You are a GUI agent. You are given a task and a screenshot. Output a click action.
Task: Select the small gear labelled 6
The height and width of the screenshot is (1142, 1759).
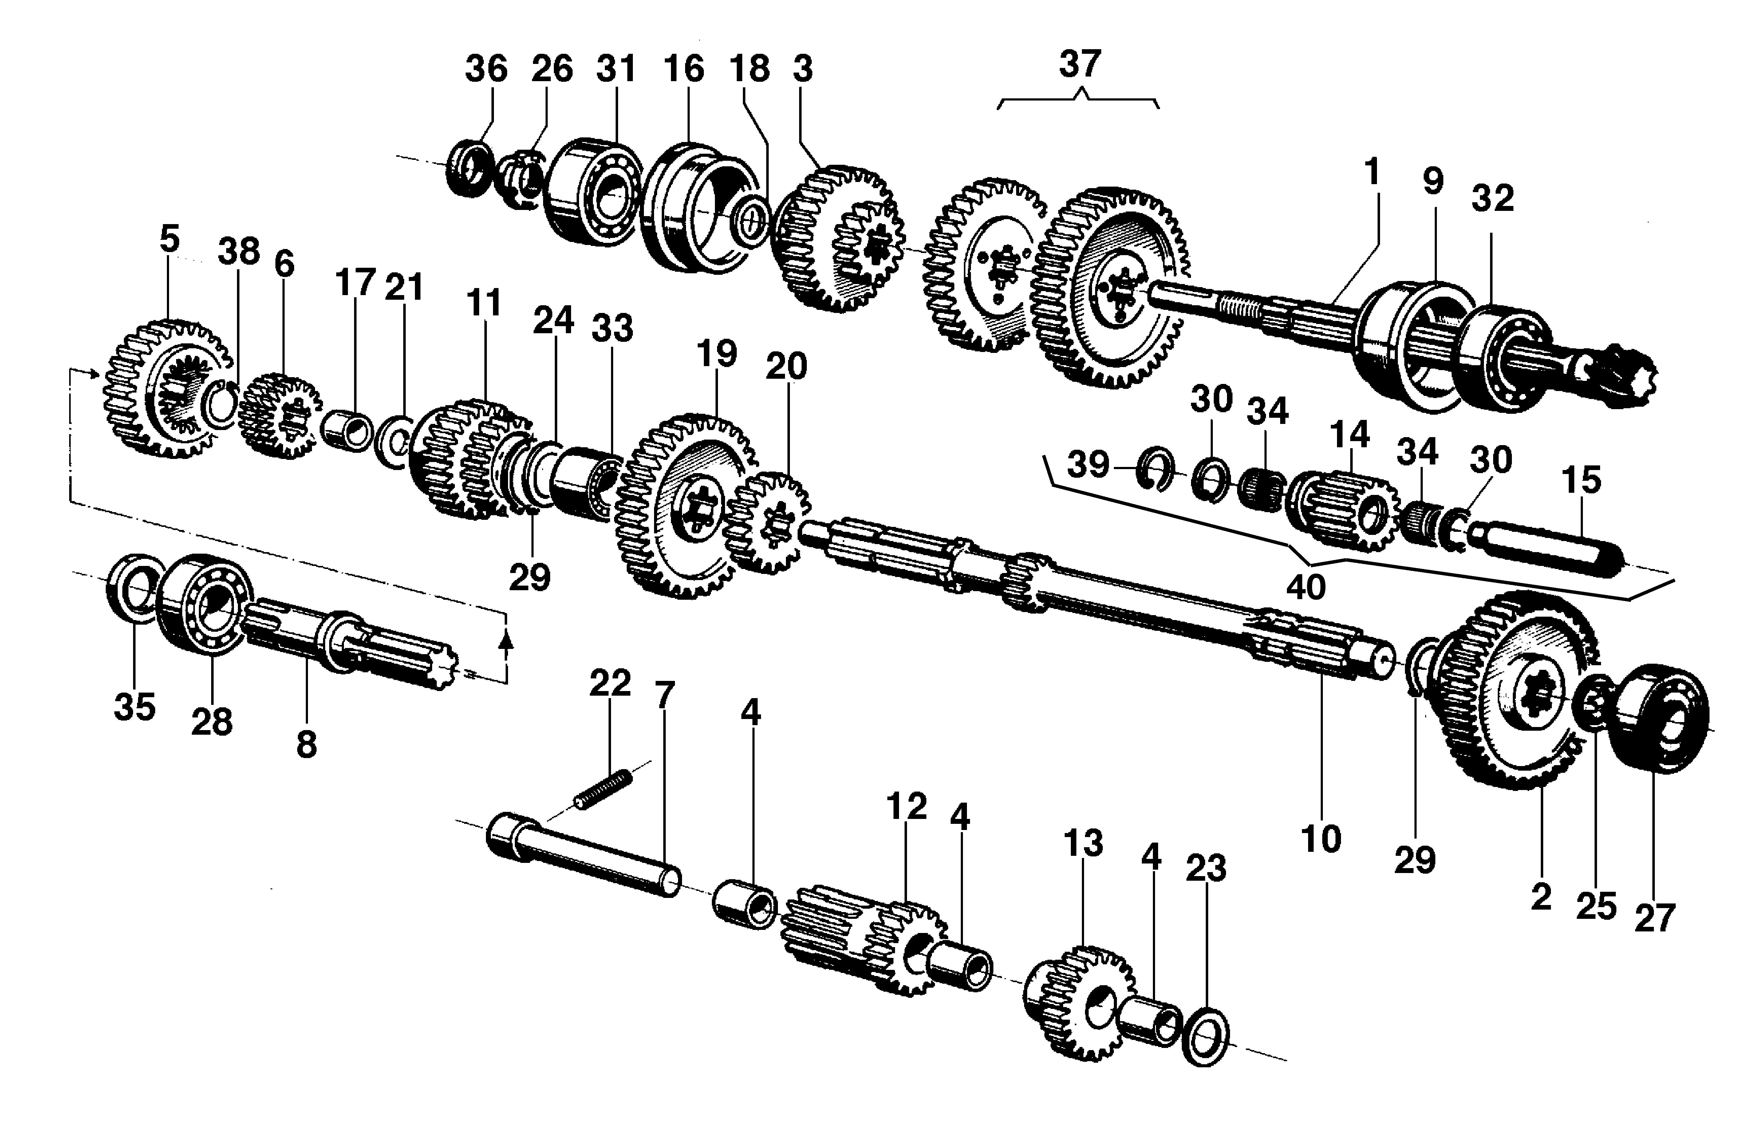[281, 416]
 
